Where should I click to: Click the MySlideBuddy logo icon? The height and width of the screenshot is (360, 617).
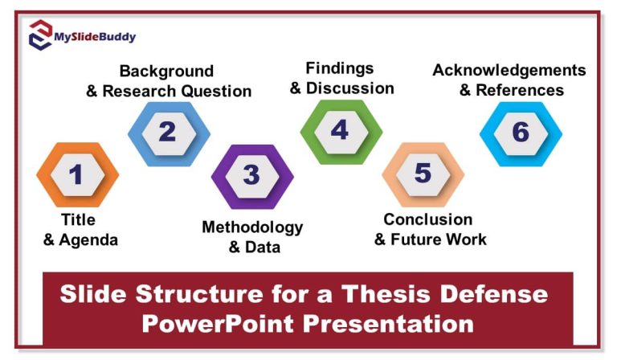coord(40,36)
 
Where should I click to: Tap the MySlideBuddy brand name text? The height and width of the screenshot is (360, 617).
coord(95,37)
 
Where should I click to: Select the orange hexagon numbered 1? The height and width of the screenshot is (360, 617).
coord(77,174)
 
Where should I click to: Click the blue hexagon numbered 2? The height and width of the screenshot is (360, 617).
coord(168,132)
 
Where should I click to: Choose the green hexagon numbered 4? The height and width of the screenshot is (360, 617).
coord(341,130)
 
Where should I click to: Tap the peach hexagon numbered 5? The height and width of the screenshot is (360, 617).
coord(423,174)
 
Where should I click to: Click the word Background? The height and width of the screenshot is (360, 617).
coord(166,72)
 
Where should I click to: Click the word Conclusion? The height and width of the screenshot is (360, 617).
coord(427,219)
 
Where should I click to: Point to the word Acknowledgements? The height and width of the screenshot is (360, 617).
coord(509,70)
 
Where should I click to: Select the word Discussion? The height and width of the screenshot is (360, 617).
coord(350,88)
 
